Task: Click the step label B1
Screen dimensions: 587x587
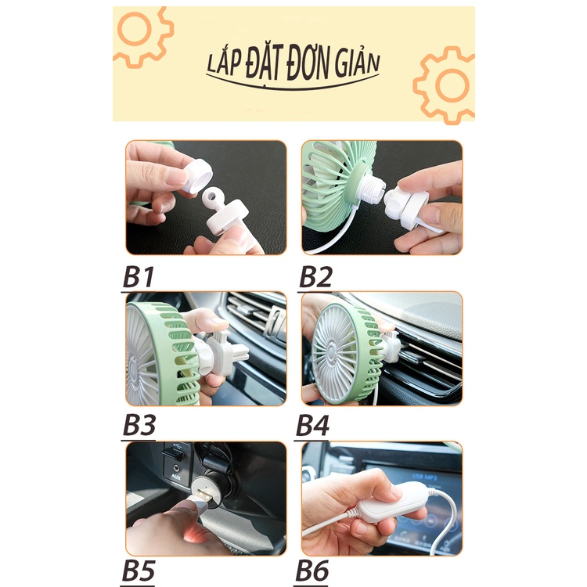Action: pos(138,277)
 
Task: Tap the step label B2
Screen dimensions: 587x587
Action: pos(315,277)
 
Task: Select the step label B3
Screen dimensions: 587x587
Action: pos(139,425)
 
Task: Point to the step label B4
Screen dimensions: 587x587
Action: pos(312,425)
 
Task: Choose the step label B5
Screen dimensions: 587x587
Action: pos(138,571)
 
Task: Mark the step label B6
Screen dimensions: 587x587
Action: pos(312,571)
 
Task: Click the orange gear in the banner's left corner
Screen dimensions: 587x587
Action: pos(142,35)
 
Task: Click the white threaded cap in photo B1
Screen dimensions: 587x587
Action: pos(196,175)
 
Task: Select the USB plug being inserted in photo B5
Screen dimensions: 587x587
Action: pos(202,499)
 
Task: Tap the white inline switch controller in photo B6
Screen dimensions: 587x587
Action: pos(391,502)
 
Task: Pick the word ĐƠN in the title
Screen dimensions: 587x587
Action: pos(309,62)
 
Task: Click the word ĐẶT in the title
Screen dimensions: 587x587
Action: pos(263,62)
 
